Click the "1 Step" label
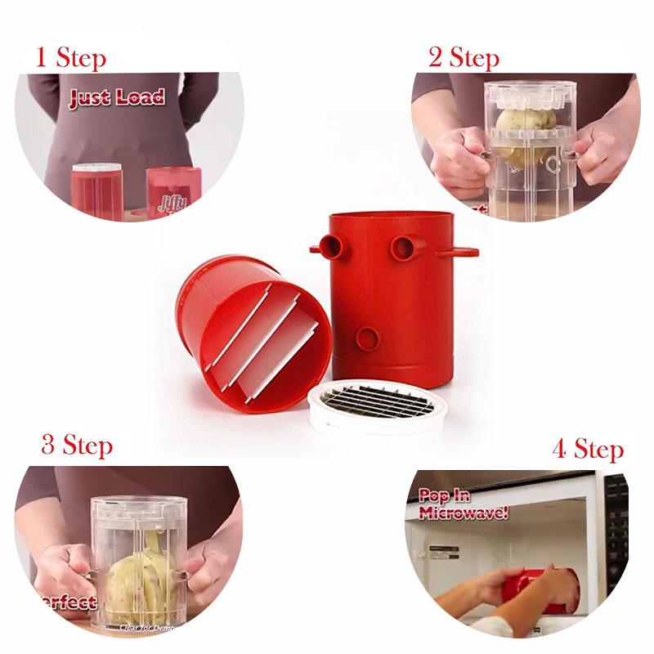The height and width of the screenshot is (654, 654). pyautogui.click(x=70, y=58)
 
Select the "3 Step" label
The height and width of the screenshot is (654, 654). pyautogui.click(x=77, y=446)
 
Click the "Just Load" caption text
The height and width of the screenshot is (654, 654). pyautogui.click(x=116, y=99)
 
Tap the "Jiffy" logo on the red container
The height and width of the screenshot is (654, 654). pyautogui.click(x=172, y=204)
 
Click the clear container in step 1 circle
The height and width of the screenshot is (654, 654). pyautogui.click(x=96, y=192)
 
